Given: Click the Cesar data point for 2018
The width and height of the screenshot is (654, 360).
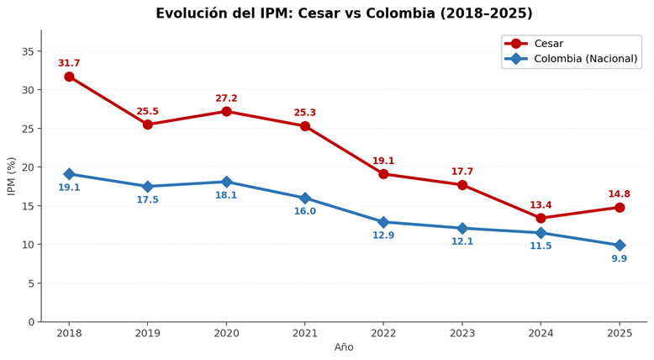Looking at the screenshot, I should tap(69, 77).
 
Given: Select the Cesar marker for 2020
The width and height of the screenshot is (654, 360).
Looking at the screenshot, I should tap(226, 111).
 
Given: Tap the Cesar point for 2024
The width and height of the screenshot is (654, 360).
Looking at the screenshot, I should tap(541, 218).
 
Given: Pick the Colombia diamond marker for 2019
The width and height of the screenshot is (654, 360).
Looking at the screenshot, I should tap(148, 187).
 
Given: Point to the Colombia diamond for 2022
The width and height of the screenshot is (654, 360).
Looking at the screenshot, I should tap(383, 222).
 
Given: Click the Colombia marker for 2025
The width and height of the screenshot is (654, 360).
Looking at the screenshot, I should tap(620, 246).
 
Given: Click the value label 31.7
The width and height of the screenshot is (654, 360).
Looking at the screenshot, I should tap(69, 63).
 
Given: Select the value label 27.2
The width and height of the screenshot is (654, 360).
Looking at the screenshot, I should tap(226, 98).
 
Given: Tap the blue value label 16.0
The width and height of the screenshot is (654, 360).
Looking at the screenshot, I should tap(305, 212).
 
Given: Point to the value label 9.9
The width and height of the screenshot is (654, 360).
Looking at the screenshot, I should tap(620, 259).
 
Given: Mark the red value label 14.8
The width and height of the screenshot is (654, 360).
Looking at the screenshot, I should tap(620, 194).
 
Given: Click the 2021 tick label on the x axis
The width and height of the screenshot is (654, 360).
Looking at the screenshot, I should tap(305, 333).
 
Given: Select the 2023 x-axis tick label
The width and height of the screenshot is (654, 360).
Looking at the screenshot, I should tap(462, 333).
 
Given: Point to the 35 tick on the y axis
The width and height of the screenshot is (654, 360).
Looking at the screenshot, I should tap(28, 51).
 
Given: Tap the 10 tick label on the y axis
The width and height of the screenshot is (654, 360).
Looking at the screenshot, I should tap(28, 245).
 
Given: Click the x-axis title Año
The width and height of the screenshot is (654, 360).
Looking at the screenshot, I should tap(344, 348).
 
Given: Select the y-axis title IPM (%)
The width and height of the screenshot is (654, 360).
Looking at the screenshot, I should tap(12, 176).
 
